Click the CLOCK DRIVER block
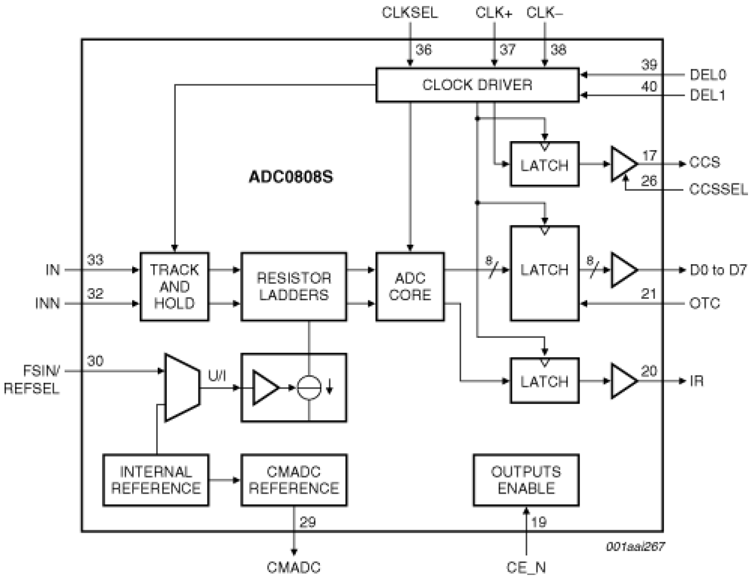477,85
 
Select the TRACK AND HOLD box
174,287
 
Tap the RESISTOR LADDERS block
293,287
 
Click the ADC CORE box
410,287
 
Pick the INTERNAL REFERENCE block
156,480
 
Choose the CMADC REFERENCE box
293,480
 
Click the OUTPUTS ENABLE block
526,480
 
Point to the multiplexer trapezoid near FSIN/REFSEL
182,387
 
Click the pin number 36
423,50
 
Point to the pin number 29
307,523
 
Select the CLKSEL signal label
410,13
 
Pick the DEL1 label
708,96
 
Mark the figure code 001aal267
634,546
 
